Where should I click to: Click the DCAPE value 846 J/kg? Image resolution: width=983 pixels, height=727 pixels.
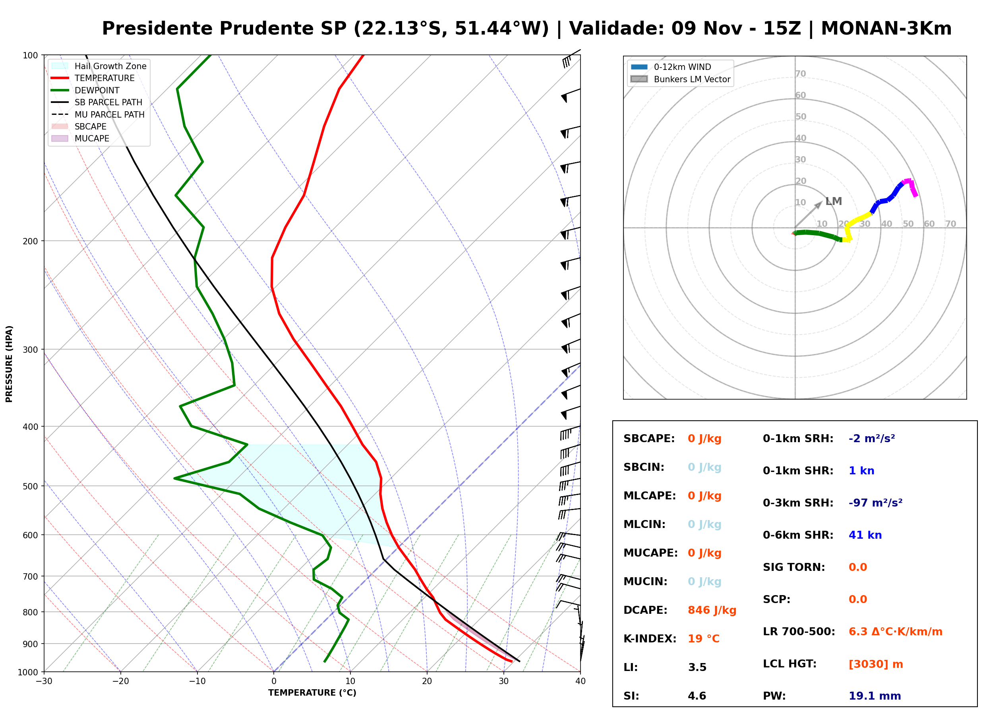point(712,610)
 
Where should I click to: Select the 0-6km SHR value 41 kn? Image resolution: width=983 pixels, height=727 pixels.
point(865,535)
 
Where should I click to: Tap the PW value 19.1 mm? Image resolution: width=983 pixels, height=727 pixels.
point(875,696)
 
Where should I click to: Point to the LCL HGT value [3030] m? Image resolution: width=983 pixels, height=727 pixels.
point(876,664)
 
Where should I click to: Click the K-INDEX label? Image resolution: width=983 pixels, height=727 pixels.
point(650,639)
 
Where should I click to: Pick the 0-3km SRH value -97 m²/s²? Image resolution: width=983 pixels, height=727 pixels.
point(876,503)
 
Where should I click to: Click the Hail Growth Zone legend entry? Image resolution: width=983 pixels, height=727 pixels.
point(99,66)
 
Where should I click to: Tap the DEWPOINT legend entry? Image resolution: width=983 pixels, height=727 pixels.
point(85,90)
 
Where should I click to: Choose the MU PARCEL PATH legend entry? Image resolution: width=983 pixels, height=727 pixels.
point(98,114)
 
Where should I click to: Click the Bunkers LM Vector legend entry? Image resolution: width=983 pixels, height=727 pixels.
point(680,79)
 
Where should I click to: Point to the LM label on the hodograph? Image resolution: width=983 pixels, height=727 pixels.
point(833,201)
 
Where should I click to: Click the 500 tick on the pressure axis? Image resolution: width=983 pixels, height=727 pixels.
point(30,486)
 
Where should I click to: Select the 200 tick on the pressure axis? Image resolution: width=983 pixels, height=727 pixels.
point(30,241)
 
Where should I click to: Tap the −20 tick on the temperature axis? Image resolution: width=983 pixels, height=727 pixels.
point(120,681)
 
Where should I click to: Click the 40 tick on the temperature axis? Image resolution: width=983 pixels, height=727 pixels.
point(581,681)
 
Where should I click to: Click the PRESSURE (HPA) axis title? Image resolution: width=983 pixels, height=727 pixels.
point(9,364)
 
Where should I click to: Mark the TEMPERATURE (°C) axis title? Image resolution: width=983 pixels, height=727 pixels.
point(312,693)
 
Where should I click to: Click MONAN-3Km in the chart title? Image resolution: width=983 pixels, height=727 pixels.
point(886,29)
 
